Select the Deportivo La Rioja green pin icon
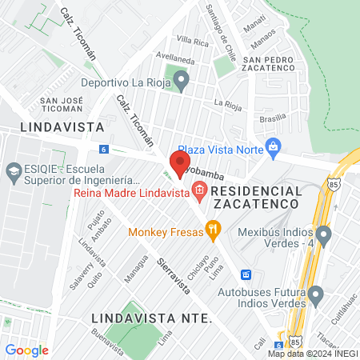(182, 80)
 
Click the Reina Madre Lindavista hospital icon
(200, 191)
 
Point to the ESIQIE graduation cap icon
(14, 171)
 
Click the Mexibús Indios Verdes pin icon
(323, 235)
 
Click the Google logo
(26, 350)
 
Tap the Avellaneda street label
(176, 58)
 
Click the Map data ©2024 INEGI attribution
(313, 354)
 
